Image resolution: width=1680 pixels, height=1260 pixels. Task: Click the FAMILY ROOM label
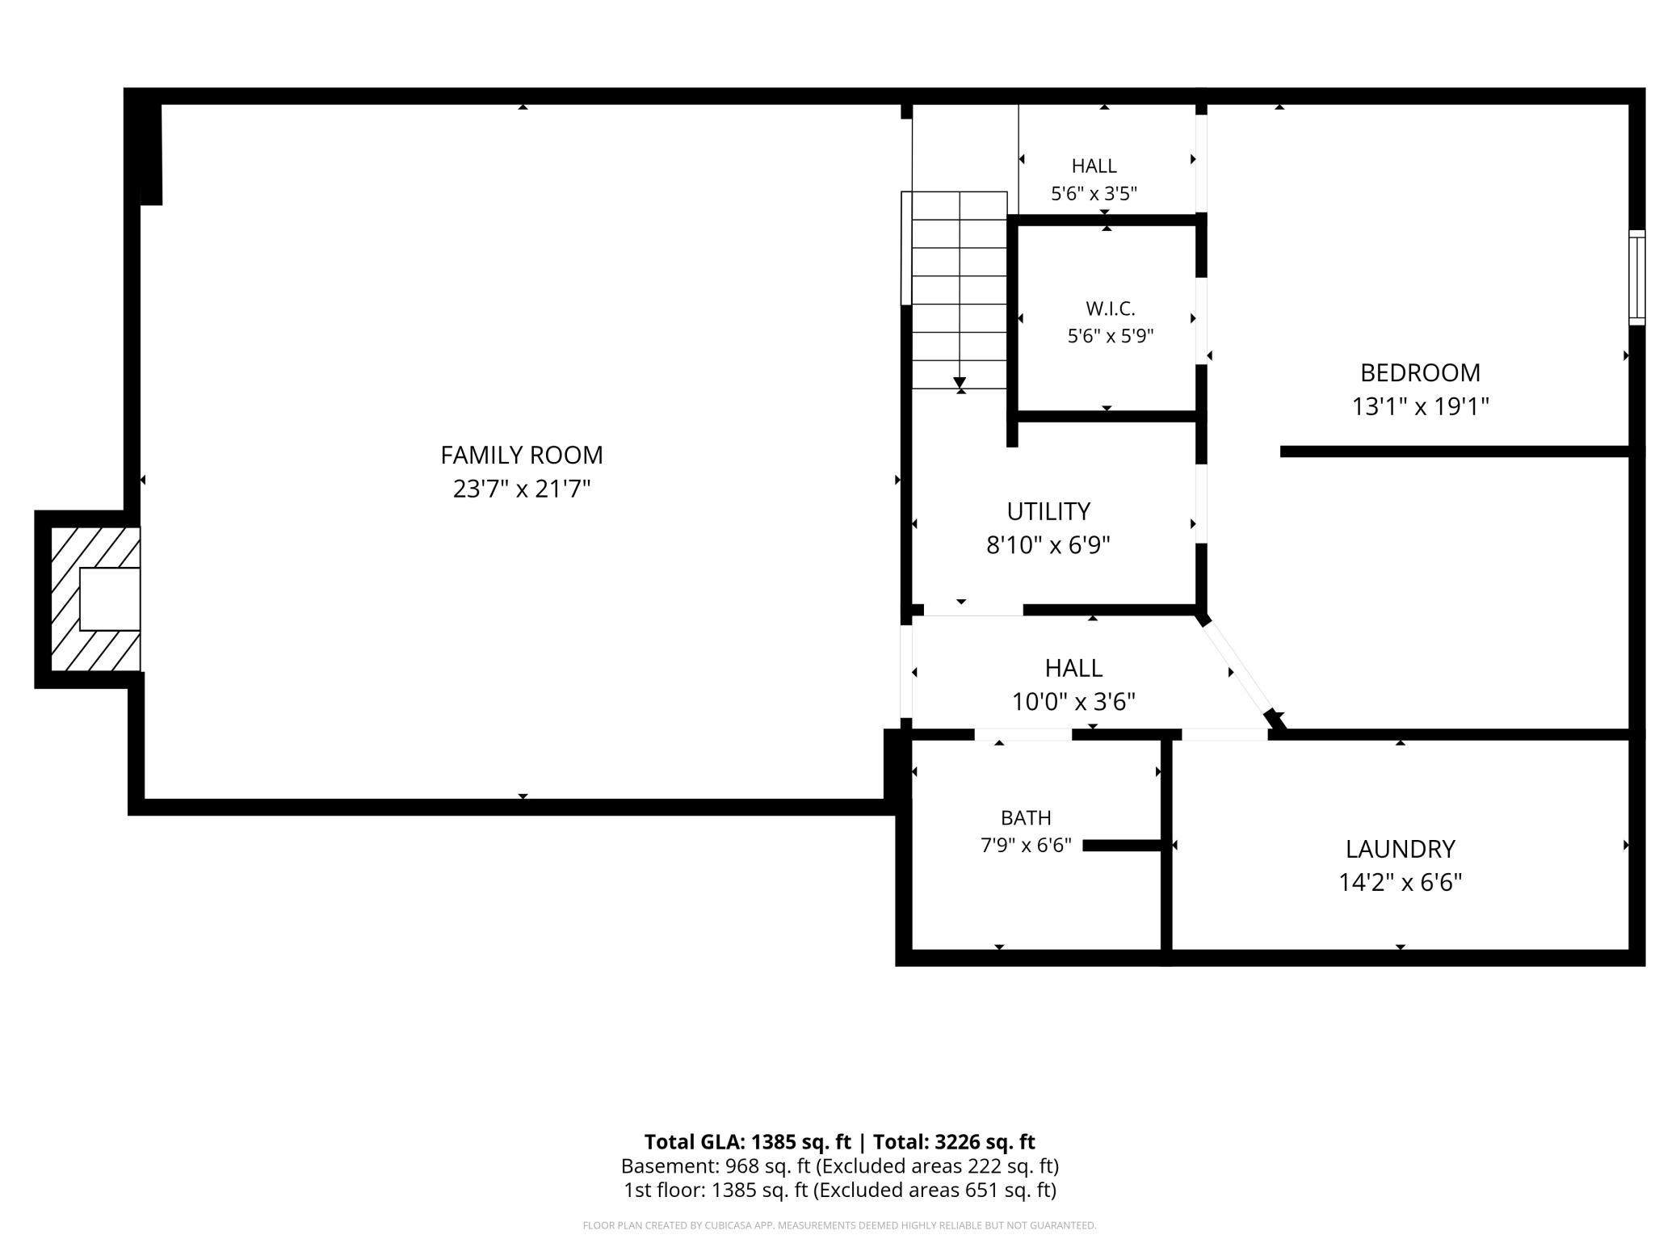522,456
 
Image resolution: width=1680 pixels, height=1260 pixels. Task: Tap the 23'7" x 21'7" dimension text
522,489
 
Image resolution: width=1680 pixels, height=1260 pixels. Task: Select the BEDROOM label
1420,372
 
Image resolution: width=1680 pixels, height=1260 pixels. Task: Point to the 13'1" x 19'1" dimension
1420,405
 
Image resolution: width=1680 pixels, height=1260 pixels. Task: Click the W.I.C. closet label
1111,309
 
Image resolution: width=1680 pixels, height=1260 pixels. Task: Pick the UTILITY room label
1048,511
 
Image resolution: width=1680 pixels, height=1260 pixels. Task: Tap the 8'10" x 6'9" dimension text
1048,545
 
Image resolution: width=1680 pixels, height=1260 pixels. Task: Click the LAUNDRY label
1400,849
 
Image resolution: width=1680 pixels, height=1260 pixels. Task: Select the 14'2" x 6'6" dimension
1400,882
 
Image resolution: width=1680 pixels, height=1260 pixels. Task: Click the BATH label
1026,818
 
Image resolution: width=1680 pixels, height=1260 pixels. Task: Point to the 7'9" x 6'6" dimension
1026,845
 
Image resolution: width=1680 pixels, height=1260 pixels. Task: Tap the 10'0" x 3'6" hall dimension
1073,701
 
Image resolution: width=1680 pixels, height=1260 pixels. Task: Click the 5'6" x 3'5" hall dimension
1094,194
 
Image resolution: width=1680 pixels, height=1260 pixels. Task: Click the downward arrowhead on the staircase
960,383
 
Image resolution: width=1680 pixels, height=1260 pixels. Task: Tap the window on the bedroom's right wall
1636,278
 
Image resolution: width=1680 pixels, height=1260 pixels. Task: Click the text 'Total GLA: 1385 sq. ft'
747,1141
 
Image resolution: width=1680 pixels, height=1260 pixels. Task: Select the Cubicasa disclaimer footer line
840,1225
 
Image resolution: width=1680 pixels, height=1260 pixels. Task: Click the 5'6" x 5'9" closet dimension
1111,336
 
